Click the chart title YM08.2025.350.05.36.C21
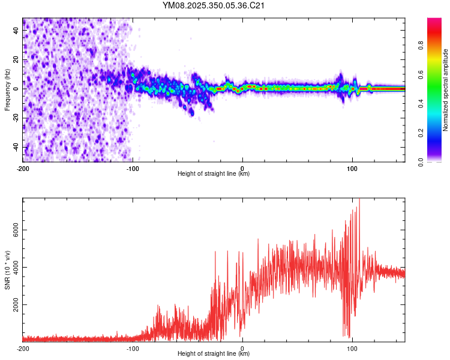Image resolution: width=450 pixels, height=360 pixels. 214,6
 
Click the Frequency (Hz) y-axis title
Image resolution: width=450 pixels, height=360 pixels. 7,90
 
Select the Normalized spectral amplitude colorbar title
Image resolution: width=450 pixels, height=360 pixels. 446,90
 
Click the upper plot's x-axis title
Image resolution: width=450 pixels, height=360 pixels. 214,174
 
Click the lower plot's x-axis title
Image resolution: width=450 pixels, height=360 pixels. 214,354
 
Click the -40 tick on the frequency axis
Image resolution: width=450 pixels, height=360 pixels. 16,147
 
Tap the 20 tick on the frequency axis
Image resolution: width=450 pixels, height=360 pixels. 16,59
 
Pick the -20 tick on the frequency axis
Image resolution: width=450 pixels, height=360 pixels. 16,118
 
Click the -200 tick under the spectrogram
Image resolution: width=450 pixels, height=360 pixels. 23,168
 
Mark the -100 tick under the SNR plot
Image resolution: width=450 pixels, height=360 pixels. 133,348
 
